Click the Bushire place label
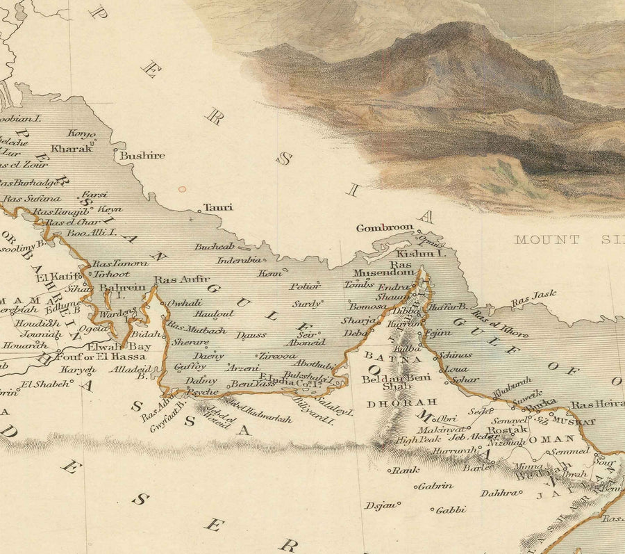[142, 156]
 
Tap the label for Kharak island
[71, 149]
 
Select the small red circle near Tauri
[182, 188]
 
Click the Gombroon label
[385, 228]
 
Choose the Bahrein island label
[122, 287]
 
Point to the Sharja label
[355, 321]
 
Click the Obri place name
[447, 419]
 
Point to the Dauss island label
[251, 335]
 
